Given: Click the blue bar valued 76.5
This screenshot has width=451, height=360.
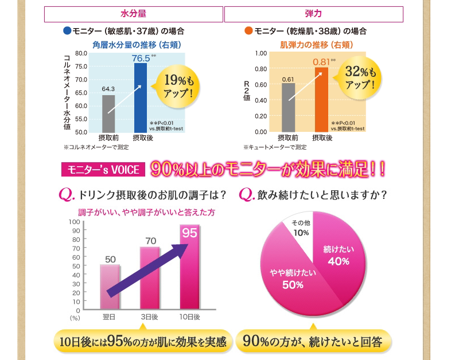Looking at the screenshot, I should click(x=141, y=97).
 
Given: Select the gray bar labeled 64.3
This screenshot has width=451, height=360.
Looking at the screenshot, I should click(x=108, y=114).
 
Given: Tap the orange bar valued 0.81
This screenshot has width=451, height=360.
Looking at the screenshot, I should click(x=321, y=100).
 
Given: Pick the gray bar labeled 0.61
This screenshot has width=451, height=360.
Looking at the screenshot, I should click(x=288, y=108).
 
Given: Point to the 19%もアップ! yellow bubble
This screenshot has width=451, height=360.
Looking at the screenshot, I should click(x=178, y=85).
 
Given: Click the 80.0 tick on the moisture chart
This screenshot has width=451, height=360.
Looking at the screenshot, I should click(x=80, y=53).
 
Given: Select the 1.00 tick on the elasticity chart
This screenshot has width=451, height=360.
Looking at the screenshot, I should click(x=261, y=53).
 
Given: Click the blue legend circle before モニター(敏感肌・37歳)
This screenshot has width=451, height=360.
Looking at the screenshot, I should click(x=67, y=30).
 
